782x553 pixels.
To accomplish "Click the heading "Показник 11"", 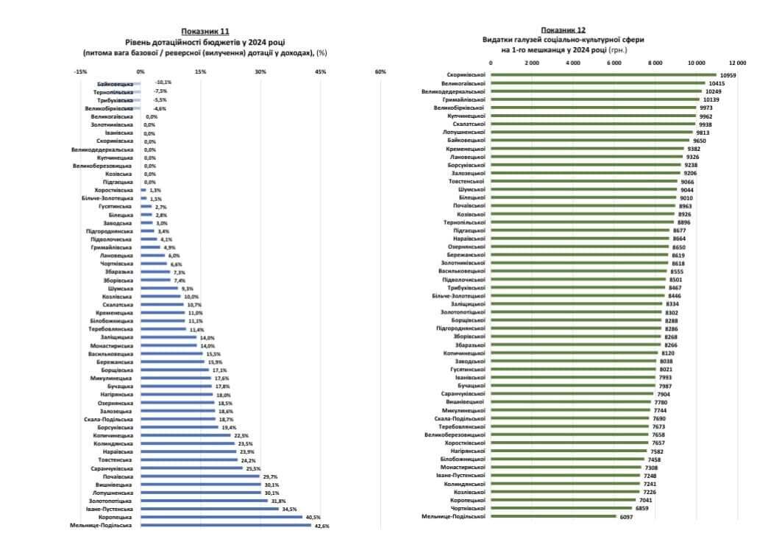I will [205, 32].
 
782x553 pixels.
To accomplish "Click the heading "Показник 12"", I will [563, 29].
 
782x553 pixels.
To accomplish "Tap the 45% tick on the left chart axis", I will [320, 71].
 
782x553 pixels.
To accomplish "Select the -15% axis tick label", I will [81, 71].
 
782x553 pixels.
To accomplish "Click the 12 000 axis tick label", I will [736, 63].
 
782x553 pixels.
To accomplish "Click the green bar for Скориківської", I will [603, 74].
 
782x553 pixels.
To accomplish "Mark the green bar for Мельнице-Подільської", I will [553, 516].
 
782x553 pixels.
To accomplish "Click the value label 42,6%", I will [321, 526].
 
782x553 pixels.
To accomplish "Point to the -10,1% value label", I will [163, 82].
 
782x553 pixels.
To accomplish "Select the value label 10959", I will [728, 75].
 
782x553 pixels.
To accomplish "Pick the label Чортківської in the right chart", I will [465, 508].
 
